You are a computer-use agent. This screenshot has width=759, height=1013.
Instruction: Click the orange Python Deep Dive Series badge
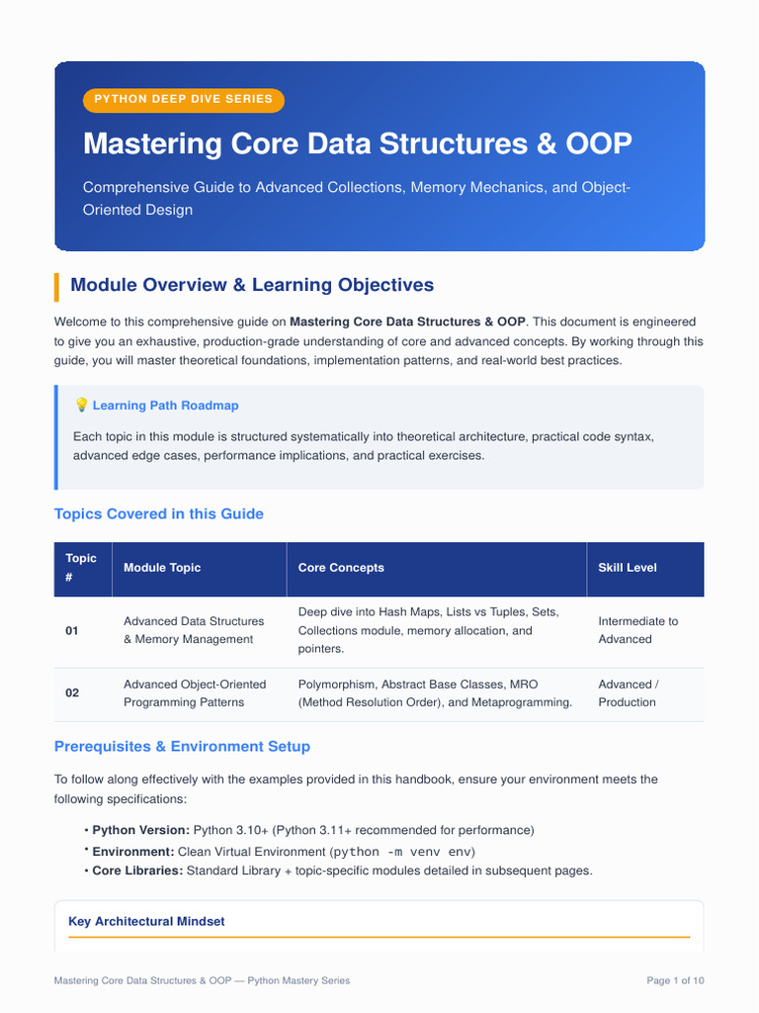183,100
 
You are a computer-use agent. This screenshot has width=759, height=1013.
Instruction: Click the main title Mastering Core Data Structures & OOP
358,143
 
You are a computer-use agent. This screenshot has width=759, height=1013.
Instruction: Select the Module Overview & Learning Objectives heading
252,285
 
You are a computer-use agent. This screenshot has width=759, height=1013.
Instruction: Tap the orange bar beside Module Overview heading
56,287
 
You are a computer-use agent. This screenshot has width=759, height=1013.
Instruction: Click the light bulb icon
81,405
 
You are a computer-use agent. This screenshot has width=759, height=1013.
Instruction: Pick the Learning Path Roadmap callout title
165,405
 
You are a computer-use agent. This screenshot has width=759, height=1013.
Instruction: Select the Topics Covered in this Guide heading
159,513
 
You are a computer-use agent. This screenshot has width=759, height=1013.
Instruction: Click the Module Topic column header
162,567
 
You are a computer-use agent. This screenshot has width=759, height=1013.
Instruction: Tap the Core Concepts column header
341,567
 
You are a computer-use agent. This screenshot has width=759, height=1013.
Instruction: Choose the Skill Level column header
628,567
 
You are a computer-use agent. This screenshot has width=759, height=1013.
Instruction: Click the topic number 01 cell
71,630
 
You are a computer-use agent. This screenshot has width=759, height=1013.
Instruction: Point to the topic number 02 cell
72,692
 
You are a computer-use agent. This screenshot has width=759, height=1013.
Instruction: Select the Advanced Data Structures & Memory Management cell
194,630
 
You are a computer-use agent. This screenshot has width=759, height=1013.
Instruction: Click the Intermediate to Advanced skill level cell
638,630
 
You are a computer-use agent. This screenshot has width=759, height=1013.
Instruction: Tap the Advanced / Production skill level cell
629,693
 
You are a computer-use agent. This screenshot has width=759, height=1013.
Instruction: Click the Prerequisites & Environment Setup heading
182,746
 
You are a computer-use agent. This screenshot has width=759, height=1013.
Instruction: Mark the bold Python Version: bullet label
140,830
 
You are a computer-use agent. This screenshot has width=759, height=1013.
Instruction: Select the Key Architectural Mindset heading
146,921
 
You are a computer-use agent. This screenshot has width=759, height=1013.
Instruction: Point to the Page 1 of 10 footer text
675,980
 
